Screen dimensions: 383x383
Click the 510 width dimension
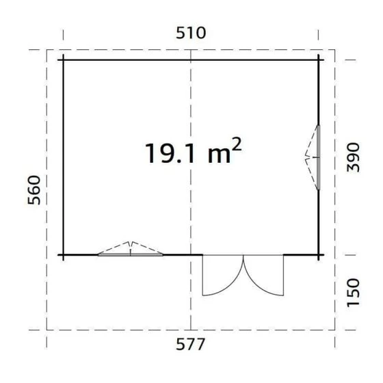click(191, 33)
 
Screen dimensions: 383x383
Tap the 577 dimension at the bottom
click(190, 344)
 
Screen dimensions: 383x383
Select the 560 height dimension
click(34, 190)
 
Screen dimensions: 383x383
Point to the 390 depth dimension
click(353, 157)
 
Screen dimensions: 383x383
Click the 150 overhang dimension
click(353, 293)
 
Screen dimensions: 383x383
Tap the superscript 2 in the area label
click(236, 144)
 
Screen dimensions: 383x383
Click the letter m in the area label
click(219, 156)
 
